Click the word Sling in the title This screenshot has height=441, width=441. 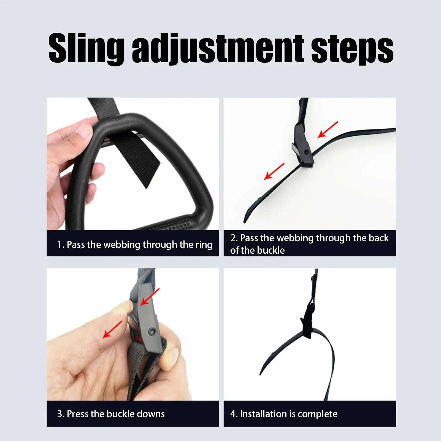(x=86, y=49)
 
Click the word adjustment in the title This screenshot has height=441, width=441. (x=218, y=50)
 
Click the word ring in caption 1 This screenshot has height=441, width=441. (x=204, y=245)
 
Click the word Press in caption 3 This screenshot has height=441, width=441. (x=78, y=414)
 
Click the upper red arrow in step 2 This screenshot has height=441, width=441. (x=328, y=129)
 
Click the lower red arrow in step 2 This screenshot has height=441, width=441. (x=274, y=171)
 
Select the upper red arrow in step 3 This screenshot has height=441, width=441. (x=150, y=297)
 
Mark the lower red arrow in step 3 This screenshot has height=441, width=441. (x=112, y=329)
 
